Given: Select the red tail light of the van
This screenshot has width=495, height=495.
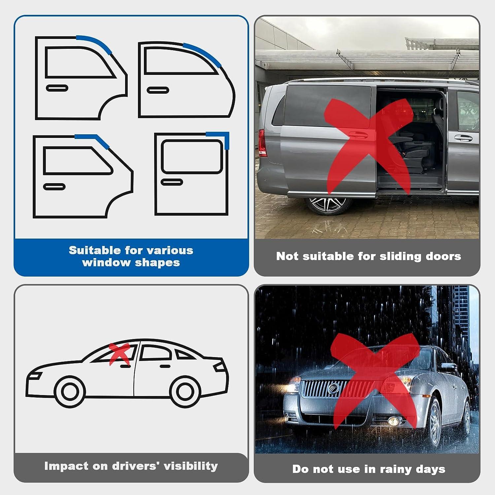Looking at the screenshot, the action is (x=262, y=143).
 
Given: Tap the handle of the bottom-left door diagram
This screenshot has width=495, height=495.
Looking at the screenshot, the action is (x=54, y=187).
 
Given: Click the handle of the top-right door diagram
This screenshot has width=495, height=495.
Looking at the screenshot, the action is (x=158, y=90).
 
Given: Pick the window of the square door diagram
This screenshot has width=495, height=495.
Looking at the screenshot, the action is (x=192, y=156).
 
